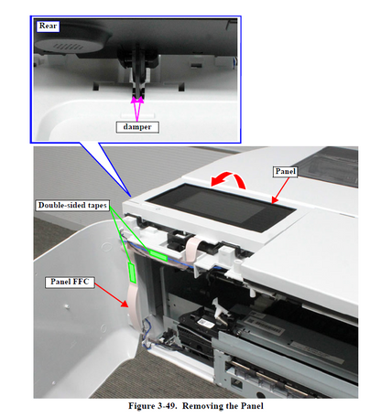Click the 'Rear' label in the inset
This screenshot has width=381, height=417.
[x=48, y=26]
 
